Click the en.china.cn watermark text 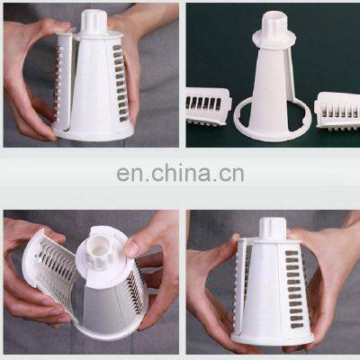click(179, 173)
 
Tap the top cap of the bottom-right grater click(272, 229)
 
